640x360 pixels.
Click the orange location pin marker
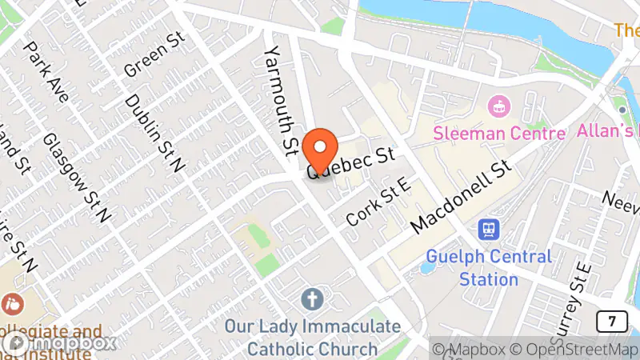click(321, 146)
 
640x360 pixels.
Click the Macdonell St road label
click(460, 198)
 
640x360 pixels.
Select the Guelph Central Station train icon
click(488, 230)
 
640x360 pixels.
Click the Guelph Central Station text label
click(490, 268)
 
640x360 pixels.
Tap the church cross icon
click(312, 300)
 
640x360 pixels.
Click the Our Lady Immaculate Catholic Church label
click(312, 338)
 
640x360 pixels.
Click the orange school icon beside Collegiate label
click(14, 306)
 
